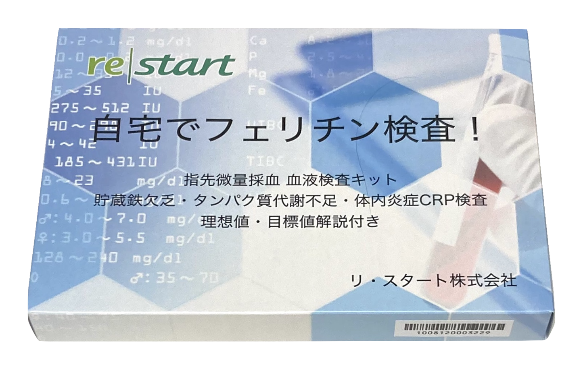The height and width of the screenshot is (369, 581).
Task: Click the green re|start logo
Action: click(x=161, y=65)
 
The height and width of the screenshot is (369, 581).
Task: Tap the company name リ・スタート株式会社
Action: click(x=434, y=280)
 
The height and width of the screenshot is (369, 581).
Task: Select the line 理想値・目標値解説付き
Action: click(x=290, y=221)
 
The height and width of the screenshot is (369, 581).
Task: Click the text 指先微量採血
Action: click(x=231, y=180)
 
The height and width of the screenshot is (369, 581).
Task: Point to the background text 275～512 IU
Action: click(x=107, y=108)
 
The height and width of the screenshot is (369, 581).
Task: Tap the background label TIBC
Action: click(x=265, y=162)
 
